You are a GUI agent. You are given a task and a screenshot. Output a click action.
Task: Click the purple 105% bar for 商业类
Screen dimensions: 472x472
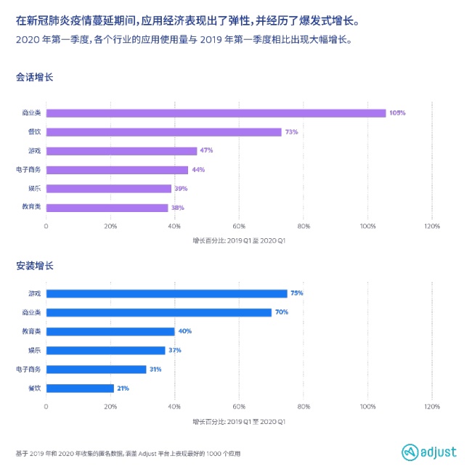(216, 113)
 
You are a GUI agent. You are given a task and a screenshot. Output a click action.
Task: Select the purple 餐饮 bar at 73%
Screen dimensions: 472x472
(163, 132)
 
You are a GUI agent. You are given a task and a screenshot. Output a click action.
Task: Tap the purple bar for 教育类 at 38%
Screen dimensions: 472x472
(107, 208)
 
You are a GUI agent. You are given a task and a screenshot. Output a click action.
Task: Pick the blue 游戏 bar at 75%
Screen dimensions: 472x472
(166, 293)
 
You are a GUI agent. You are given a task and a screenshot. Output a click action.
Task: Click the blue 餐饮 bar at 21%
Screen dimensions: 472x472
(80, 388)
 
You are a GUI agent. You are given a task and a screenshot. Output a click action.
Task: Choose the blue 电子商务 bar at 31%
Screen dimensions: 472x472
(96, 369)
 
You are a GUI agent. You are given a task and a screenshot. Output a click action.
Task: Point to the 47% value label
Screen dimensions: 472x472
(206, 151)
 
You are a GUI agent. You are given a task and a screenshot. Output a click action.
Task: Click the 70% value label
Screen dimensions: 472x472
(282, 312)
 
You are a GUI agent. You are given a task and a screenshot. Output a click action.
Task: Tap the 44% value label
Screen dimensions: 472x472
(198, 170)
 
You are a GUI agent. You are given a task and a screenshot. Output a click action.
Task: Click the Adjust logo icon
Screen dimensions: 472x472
(409, 452)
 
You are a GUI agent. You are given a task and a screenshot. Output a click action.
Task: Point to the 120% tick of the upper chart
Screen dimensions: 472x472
(431, 227)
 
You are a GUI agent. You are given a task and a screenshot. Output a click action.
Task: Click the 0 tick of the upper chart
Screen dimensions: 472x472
(46, 227)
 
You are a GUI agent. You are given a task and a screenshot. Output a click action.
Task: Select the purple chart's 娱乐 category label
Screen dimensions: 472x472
(33, 189)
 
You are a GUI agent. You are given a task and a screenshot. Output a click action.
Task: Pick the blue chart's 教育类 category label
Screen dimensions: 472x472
(31, 331)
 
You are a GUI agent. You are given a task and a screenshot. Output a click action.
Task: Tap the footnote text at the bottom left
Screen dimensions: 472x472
(127, 453)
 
